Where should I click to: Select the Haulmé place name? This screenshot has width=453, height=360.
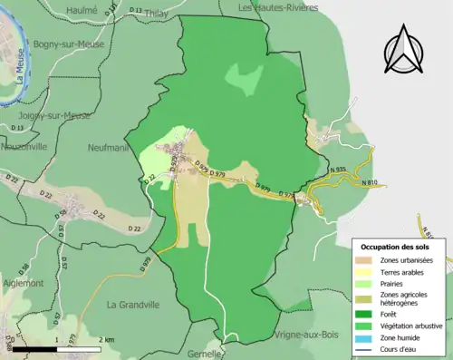click(x=81, y=9)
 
